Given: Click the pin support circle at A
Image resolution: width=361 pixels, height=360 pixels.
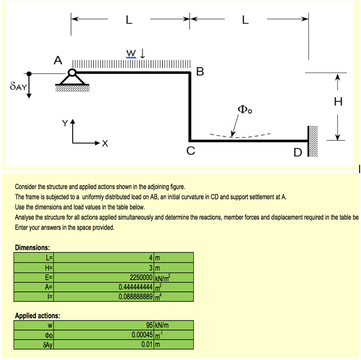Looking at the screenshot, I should point(72,72).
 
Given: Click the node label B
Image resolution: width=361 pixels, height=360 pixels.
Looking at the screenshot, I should point(199,71).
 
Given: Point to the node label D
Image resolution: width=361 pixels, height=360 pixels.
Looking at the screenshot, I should point(298,152).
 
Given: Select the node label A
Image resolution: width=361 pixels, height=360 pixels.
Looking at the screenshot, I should point(57,60).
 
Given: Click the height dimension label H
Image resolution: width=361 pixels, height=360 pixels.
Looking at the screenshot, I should point(338,102).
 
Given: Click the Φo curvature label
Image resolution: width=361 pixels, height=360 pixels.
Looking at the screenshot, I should point(245,110).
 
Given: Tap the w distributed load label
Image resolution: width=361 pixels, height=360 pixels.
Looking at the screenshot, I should point(131,52).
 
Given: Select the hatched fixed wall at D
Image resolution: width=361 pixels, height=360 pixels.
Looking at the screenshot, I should point(313,141).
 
